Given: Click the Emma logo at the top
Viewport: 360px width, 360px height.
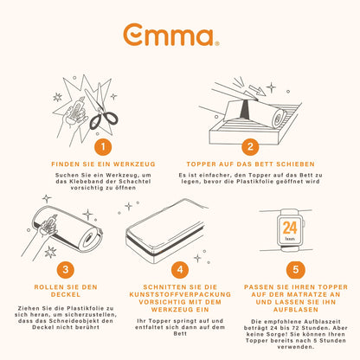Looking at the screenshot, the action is (x=171, y=35).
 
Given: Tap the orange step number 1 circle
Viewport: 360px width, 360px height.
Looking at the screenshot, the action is (x=103, y=147).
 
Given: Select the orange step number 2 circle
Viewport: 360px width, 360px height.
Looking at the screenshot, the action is (x=250, y=146).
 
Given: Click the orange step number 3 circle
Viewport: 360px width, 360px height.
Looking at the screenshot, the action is (x=66, y=269).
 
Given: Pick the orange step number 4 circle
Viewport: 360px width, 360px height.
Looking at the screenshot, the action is (x=180, y=269).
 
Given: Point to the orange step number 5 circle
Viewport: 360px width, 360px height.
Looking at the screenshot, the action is (x=295, y=270).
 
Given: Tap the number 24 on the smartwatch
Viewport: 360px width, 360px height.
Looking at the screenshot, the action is (x=290, y=228).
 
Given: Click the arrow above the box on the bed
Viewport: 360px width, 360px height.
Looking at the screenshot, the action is (x=257, y=90).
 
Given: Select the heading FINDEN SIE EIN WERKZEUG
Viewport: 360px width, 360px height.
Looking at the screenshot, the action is (x=103, y=164).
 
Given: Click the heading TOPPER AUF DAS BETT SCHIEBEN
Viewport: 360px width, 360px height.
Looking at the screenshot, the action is (x=250, y=164).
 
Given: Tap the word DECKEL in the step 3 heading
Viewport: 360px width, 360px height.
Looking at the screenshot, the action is (x=66, y=294).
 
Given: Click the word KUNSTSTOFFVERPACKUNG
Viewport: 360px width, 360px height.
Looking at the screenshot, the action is (x=180, y=294).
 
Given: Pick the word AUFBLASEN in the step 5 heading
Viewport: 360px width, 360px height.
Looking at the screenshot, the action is (x=296, y=310).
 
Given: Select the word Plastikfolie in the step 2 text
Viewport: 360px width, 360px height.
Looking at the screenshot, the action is (x=254, y=182).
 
